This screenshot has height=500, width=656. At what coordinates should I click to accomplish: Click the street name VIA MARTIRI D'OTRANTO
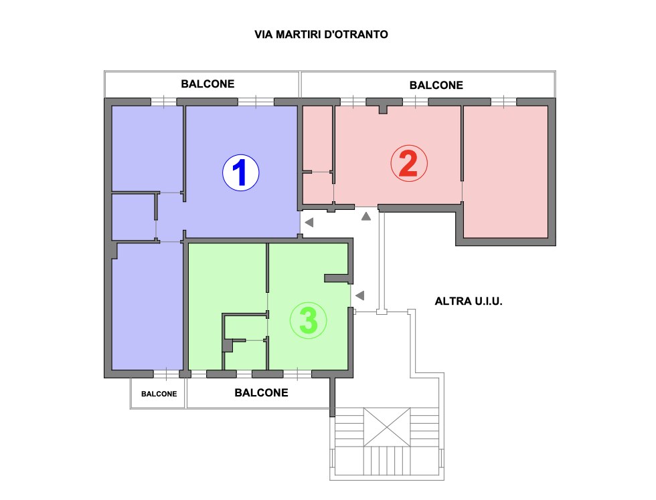click(x=321, y=34)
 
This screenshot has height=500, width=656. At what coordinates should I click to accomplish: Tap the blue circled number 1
click(x=240, y=172)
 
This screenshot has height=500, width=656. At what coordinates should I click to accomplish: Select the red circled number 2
click(x=409, y=163)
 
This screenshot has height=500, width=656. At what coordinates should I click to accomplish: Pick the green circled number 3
click(x=309, y=320)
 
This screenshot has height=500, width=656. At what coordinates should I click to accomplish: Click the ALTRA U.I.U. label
click(x=468, y=301)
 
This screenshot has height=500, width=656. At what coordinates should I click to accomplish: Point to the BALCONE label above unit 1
click(x=208, y=84)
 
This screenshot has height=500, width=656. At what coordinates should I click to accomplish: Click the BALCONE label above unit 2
click(x=436, y=85)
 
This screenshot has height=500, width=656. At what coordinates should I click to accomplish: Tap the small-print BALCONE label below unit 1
click(x=159, y=394)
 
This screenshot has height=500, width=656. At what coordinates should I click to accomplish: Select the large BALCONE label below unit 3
click(x=261, y=392)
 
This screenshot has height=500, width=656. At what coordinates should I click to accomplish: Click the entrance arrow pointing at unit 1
click(x=309, y=222)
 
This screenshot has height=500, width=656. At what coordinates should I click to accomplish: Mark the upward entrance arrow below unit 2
click(x=366, y=216)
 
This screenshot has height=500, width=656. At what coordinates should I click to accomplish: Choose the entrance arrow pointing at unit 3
click(x=360, y=295)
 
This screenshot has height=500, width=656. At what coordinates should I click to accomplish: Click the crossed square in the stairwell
click(x=387, y=427)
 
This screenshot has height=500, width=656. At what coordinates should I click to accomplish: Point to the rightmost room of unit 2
click(x=505, y=172)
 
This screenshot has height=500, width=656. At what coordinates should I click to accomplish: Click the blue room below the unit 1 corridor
click(x=147, y=306)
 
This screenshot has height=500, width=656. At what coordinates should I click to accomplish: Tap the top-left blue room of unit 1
click(x=147, y=148)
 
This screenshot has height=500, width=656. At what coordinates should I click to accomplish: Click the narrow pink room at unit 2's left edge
click(x=317, y=138)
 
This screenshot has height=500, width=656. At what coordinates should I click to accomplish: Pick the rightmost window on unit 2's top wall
click(x=503, y=102)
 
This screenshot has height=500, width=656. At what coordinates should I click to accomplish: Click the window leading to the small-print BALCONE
click(x=166, y=374)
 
